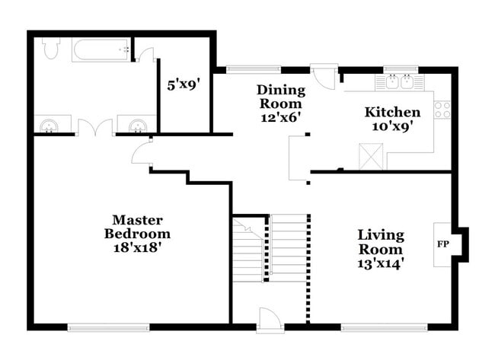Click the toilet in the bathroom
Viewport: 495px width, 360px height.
point(52,49)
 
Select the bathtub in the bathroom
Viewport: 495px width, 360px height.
point(101,50)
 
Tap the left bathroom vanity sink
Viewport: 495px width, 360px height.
point(52,124)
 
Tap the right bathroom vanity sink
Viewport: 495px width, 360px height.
point(137,124)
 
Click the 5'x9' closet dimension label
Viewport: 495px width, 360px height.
point(182,85)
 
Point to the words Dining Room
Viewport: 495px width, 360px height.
point(279,96)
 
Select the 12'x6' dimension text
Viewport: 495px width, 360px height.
point(279,117)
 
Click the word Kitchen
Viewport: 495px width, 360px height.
point(392,112)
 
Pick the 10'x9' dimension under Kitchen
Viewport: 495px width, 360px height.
point(392,127)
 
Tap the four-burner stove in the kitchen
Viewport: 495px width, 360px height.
point(442,109)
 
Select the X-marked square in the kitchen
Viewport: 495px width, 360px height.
point(371,158)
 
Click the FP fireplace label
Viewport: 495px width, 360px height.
point(442,244)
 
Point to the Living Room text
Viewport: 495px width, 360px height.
point(381,241)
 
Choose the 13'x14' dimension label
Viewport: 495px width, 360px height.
point(381,263)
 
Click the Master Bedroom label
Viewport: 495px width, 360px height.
point(137,226)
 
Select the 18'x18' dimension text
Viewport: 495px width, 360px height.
point(137,247)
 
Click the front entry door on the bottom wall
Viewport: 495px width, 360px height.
point(270,320)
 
